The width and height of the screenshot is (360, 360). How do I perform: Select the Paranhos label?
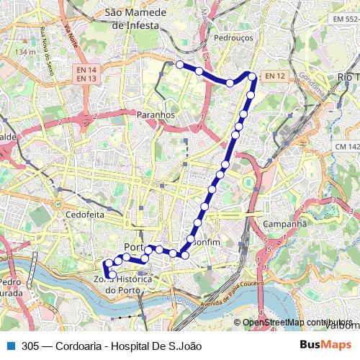[156, 114]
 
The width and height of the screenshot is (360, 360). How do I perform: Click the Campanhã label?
[284, 224]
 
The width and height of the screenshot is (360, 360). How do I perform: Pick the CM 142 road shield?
[347, 147]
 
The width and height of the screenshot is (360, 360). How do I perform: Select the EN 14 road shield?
[87, 69]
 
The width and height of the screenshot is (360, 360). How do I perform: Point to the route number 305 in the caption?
[31, 346]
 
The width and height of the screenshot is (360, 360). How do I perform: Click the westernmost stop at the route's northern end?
[180, 64]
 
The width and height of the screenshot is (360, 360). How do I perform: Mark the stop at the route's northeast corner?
[252, 75]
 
